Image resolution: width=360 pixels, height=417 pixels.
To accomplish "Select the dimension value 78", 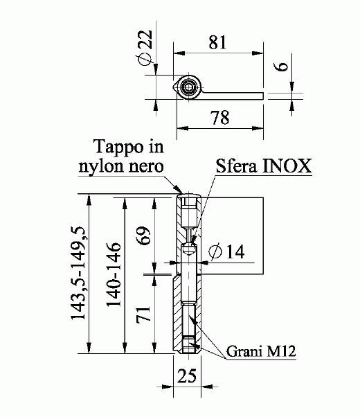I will [x=220, y=118].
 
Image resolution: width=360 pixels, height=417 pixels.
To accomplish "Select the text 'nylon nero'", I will [x=122, y=166].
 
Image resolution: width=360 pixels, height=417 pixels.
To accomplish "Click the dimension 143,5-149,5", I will [x=80, y=274].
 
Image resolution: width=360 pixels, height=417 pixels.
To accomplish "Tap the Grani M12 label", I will [x=261, y=353].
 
